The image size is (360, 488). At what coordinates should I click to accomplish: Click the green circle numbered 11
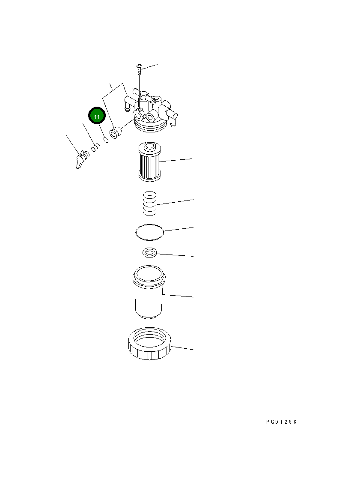click(96, 117)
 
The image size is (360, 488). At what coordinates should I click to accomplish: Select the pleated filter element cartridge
click(149, 162)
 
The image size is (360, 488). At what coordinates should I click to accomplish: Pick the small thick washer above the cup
click(150, 253)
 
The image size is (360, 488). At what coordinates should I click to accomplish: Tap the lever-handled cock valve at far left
click(81, 160)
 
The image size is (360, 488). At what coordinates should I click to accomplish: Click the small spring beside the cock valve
click(95, 149)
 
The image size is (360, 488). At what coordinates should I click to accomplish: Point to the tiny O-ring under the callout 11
click(105, 140)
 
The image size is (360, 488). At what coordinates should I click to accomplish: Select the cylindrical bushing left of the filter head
click(115, 133)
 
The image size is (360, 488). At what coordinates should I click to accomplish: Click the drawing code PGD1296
click(281, 422)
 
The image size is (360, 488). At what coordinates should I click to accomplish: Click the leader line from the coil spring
click(176, 202)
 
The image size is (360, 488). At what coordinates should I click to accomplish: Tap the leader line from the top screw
click(150, 67)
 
